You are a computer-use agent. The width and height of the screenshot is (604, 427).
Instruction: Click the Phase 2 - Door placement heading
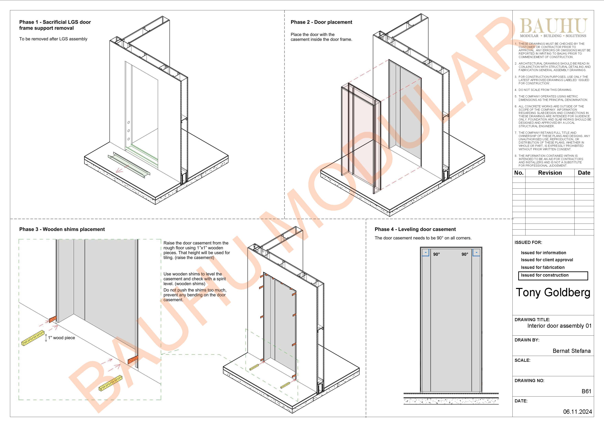[321, 22]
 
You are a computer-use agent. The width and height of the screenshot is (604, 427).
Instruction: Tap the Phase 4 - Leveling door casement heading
[415, 229]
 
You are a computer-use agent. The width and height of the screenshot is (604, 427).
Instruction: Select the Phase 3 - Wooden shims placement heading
[62, 229]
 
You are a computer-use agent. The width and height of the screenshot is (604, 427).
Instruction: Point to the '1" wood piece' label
[61, 338]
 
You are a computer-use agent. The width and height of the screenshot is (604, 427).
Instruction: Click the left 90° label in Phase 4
[436, 254]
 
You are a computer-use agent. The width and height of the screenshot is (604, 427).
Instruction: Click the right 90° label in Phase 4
[465, 254]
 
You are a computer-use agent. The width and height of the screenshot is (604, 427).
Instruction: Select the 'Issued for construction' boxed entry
[553, 276]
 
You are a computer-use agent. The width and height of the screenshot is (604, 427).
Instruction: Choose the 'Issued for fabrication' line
[543, 267]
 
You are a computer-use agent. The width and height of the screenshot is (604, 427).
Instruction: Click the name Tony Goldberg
[553, 293]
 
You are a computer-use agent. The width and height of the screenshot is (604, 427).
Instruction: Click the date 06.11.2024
[577, 412]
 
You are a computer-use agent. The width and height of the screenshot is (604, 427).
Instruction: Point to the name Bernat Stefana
[572, 351]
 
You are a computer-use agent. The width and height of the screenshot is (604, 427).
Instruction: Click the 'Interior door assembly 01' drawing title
[559, 326]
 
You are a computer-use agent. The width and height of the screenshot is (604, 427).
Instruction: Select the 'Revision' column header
[550, 173]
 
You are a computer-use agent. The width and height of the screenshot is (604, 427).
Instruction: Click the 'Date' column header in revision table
[584, 173]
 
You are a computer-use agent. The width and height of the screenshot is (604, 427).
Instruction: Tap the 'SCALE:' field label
[522, 360]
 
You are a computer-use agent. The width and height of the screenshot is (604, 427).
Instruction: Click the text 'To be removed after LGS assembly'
[53, 39]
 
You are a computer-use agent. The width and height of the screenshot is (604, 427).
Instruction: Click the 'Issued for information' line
[544, 253]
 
